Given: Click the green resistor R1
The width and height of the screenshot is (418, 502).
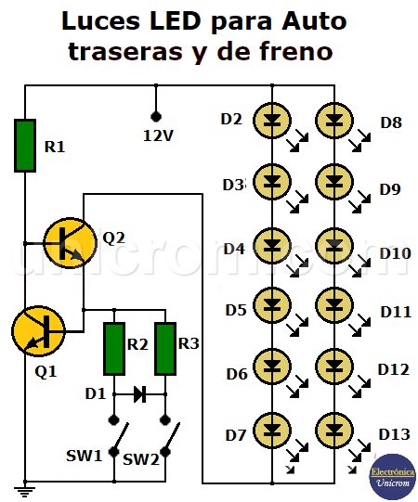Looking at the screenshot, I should point(26,145).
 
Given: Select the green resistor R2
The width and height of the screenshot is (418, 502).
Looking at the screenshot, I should point(114,349).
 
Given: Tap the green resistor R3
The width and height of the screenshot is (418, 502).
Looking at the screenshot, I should point(166,349).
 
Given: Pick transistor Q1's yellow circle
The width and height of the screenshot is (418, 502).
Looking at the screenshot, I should point(37,331).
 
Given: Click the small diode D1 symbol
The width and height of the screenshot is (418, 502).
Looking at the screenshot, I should point(140,393).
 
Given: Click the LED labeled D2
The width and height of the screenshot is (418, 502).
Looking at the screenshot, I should point(272,119).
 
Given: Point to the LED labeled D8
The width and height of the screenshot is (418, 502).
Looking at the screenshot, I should point(334,119).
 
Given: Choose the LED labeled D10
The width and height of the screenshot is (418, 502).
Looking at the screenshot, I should point(334,244).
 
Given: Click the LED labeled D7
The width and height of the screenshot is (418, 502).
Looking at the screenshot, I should point(272,431).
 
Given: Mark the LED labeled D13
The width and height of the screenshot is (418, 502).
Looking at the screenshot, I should point(334,431).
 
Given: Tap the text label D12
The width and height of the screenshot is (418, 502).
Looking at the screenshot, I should point(393,369).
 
